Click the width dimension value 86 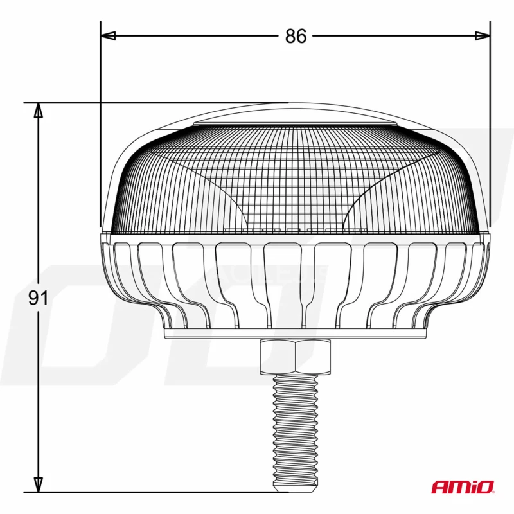click(296, 37)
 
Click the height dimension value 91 click(39, 298)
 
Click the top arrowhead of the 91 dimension click(39, 111)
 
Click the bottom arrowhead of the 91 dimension click(39, 485)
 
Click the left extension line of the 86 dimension click(101, 128)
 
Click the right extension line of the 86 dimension click(490, 128)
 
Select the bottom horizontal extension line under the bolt click(161, 493)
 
